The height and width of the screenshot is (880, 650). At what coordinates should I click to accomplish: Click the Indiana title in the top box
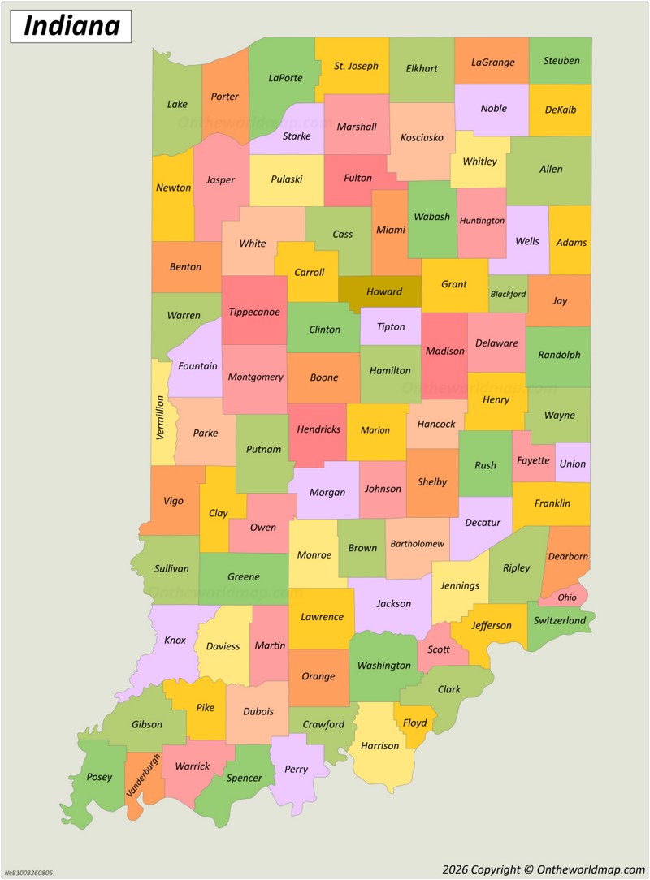[x=71, y=26]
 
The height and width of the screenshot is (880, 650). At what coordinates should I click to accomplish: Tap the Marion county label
[x=375, y=430]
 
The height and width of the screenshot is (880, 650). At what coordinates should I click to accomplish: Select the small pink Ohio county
[x=566, y=597]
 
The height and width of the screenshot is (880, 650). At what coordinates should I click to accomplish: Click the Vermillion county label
[x=160, y=417]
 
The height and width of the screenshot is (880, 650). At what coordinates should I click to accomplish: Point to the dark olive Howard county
[x=383, y=291]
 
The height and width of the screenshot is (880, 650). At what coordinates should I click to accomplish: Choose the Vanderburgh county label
[x=143, y=774]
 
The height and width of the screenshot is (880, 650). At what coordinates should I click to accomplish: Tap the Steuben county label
[x=561, y=61]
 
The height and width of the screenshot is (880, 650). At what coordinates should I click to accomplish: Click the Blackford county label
[x=508, y=294]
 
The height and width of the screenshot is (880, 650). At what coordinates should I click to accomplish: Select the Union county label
[x=572, y=464]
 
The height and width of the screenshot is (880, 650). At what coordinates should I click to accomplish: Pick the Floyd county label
[x=414, y=723]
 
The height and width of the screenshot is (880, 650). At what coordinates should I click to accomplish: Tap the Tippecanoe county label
[x=253, y=312]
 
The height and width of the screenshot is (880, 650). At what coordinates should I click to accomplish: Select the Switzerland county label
[x=560, y=621]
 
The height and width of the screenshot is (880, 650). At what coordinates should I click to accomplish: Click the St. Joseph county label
[x=356, y=66]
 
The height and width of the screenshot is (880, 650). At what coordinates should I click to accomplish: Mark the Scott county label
[x=439, y=649]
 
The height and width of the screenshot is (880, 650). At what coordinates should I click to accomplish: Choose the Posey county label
[x=99, y=777]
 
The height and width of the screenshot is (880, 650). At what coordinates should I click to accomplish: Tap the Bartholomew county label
[x=417, y=544]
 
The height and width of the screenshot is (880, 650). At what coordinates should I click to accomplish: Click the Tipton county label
[x=390, y=326]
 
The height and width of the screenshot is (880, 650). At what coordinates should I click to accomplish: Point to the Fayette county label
[x=533, y=460]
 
